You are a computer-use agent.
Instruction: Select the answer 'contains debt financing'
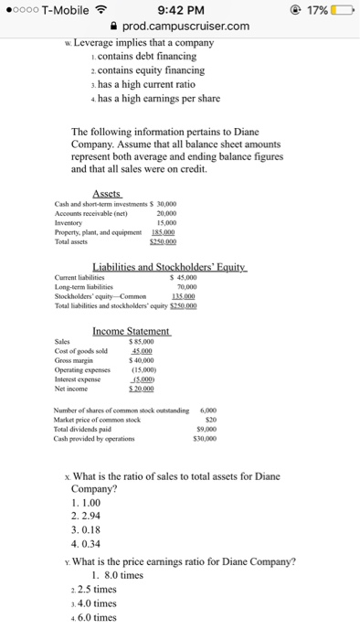[134, 56]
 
